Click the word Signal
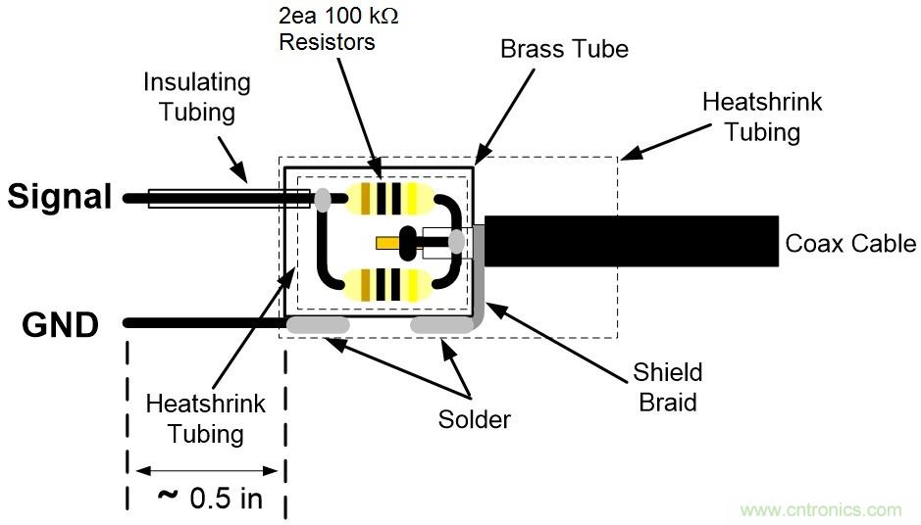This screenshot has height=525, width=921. tap(60, 197)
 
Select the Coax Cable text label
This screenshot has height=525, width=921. tap(850, 244)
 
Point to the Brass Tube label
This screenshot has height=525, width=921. tap(563, 49)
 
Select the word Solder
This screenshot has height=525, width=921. tap(475, 420)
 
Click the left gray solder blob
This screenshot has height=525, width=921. tap(317, 323)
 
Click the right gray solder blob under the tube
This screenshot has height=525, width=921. tap(440, 323)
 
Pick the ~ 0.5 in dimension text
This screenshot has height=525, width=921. tap(210, 498)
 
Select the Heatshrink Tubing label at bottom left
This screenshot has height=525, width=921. tap(193, 417)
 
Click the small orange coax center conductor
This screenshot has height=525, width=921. tap(386, 242)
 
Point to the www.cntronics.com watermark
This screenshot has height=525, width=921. tap(820, 510)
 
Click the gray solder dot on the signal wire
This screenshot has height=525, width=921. tap(323, 200)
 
